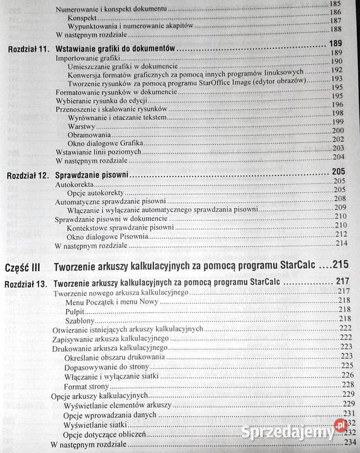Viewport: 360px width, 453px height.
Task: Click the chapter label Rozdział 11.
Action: tap(28, 47)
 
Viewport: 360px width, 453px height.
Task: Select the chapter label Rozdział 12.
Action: tap(28, 172)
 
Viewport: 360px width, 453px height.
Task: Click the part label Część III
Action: tap(23, 265)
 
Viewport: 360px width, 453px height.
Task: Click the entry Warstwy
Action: tap(81, 125)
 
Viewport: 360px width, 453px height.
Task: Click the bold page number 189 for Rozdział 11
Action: tap(335, 44)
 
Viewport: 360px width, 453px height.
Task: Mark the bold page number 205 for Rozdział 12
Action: tap(339, 171)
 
